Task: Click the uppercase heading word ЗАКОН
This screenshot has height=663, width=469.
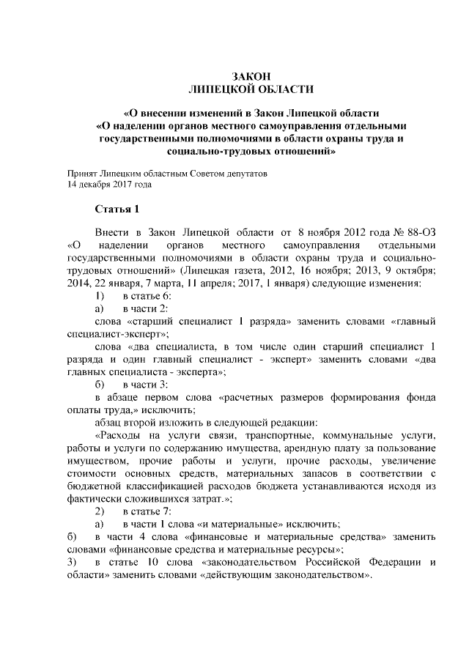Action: tap(251, 76)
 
